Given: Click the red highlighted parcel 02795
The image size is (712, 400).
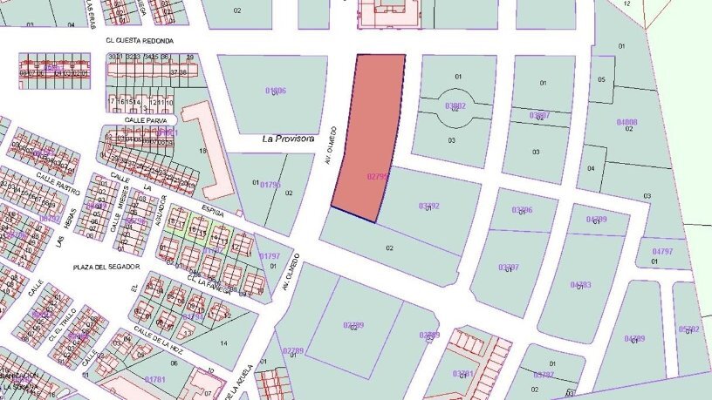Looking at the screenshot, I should (366, 139).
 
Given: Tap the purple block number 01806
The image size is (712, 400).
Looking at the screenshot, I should (275, 91).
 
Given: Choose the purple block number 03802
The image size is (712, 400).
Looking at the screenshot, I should (455, 106).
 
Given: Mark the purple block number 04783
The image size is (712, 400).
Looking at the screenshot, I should (581, 285).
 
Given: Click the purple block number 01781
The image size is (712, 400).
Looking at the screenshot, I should (154, 379).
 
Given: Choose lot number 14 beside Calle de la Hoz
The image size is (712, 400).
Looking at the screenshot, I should (223, 343).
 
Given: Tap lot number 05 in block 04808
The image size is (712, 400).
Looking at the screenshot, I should (601, 80).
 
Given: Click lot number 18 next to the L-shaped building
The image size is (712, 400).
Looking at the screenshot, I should (202, 151).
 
